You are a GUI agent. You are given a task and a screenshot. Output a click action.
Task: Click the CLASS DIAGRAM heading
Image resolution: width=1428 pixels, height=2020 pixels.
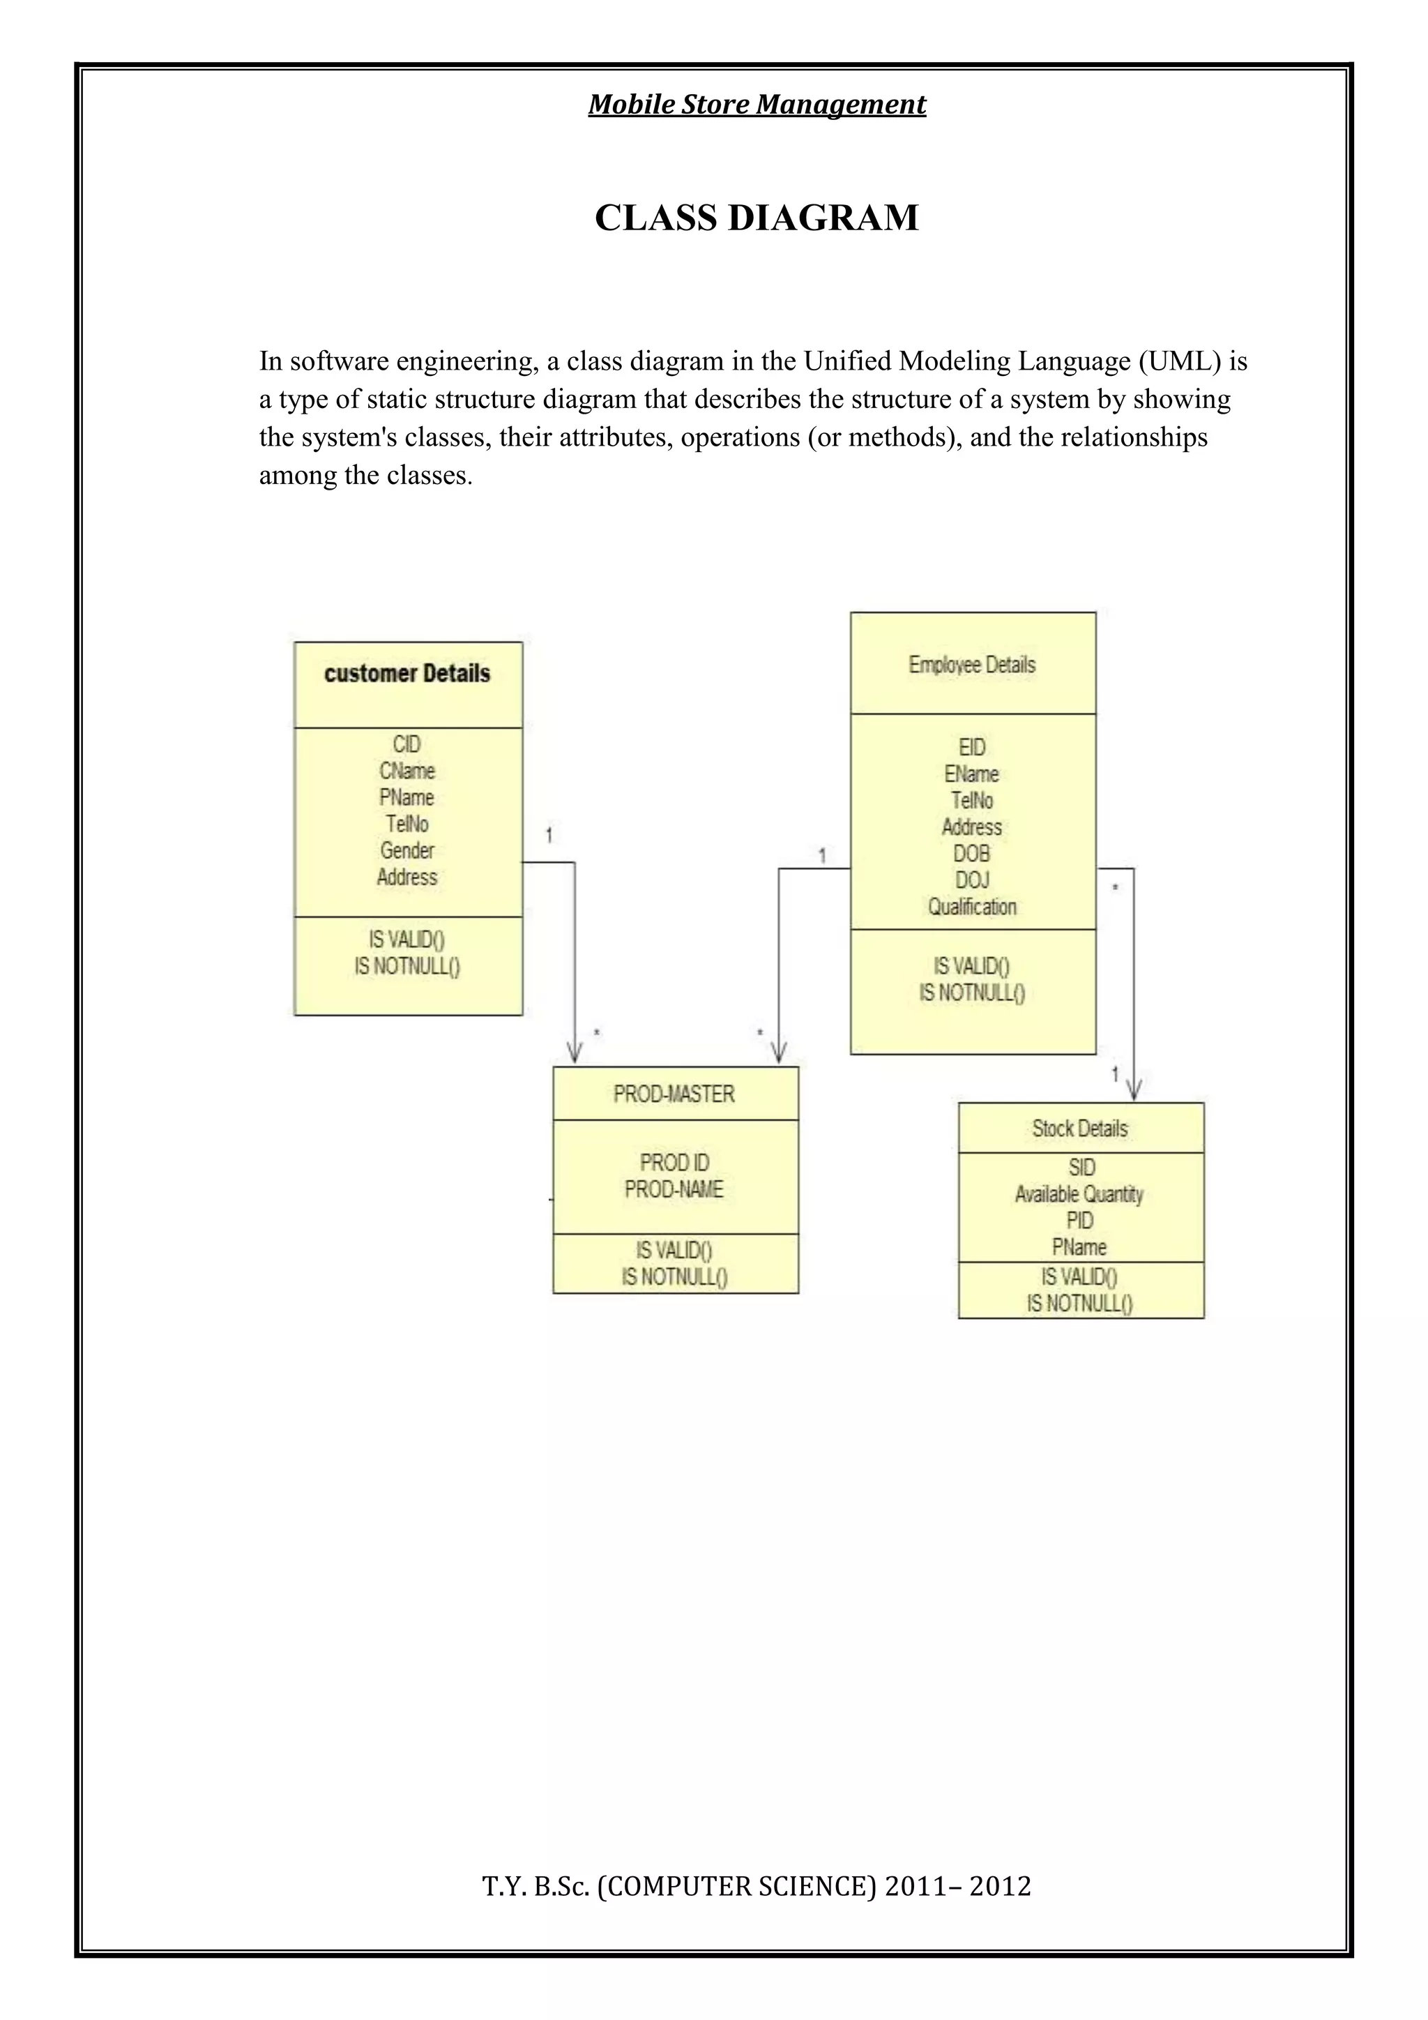tap(757, 218)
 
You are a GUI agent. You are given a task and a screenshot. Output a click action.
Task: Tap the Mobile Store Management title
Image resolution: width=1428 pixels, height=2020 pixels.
tap(757, 105)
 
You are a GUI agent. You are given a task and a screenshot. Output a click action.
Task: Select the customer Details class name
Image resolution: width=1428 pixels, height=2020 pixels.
tap(407, 674)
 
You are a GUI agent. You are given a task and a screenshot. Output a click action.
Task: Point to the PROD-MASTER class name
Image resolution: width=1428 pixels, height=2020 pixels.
tap(674, 1094)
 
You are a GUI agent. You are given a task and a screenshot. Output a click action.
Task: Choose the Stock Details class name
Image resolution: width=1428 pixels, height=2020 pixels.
tap(1080, 1129)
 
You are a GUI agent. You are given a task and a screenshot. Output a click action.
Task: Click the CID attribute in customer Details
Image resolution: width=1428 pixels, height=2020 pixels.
tap(407, 744)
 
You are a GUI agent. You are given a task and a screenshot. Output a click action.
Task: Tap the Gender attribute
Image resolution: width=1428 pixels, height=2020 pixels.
tap(407, 851)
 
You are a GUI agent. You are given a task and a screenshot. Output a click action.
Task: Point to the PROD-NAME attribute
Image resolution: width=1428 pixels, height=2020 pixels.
tap(674, 1189)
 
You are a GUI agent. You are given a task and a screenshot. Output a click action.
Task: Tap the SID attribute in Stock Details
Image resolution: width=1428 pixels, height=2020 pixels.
tap(1081, 1168)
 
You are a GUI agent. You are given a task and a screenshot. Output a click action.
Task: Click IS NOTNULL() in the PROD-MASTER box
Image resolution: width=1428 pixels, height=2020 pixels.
tap(674, 1276)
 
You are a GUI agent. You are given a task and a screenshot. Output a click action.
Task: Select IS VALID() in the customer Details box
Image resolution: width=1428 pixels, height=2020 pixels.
tap(407, 940)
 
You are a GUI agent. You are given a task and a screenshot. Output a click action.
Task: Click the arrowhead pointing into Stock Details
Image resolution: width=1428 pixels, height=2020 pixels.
tap(1134, 1092)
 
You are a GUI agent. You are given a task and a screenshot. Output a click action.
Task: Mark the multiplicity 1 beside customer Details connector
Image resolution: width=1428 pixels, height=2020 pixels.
tap(549, 835)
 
